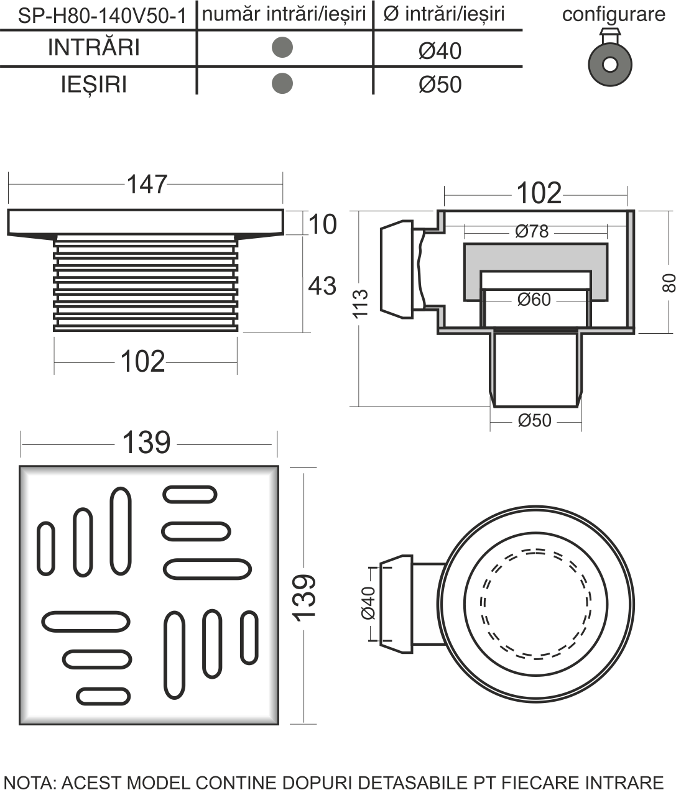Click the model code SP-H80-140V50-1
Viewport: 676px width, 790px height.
[102, 16]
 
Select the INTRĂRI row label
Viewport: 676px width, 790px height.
[94, 47]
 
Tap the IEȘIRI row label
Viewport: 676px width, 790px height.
[94, 85]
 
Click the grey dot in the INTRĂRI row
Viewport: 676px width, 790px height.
[282, 47]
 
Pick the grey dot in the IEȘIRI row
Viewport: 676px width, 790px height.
[282, 83]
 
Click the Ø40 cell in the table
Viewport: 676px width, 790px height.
[440, 51]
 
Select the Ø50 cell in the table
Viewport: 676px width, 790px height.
[440, 85]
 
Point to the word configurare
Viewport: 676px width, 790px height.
[613, 14]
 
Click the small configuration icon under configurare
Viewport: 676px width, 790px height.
[610, 57]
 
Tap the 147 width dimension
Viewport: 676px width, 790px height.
[146, 184]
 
